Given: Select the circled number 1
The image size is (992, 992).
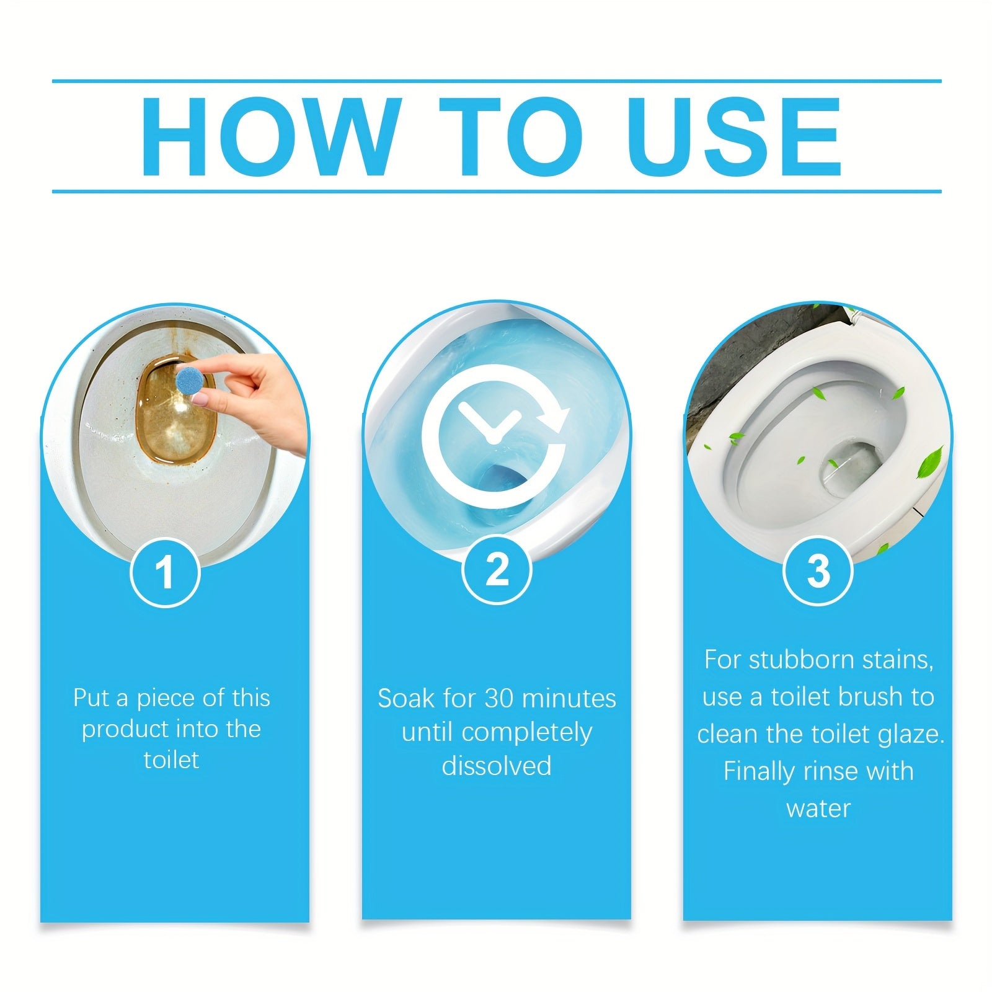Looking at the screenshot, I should (164, 572).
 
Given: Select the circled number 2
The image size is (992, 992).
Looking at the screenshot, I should (497, 569).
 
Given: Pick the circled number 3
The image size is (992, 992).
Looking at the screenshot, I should (818, 570).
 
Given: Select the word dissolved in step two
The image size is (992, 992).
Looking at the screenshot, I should (497, 766).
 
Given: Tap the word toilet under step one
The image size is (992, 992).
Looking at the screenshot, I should (171, 760).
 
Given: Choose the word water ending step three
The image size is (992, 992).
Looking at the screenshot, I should (818, 808).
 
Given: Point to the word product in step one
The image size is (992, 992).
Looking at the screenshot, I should (126, 730).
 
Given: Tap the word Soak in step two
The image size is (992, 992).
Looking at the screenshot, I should (407, 699).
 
